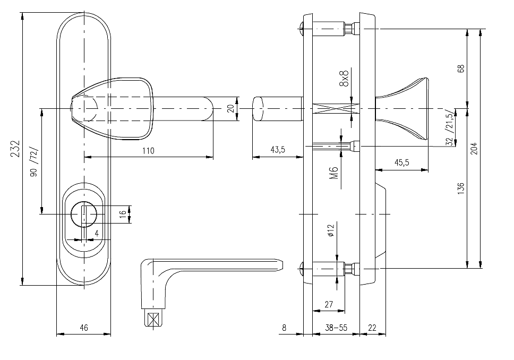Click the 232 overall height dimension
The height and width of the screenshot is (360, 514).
[15, 149]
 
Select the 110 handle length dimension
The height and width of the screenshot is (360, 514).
[148, 151]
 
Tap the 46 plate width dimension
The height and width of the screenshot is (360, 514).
[84, 328]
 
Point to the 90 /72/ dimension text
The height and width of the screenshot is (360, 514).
[35, 162]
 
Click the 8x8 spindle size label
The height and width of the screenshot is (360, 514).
[344, 79]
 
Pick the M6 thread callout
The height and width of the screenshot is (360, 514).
[333, 173]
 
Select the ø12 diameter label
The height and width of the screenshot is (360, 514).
[330, 230]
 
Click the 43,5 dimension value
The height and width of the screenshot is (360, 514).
[278, 150]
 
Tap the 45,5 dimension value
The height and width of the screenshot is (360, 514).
[401, 162]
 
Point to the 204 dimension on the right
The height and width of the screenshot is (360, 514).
[474, 149]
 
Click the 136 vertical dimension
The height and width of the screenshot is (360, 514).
[461, 188]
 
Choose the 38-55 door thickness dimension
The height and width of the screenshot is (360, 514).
[336, 328]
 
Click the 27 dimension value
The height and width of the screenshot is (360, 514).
[329, 305]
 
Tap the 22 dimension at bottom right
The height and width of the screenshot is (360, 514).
[372, 328]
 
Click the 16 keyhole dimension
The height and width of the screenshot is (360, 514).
[123, 213]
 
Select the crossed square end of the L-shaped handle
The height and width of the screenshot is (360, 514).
[153, 320]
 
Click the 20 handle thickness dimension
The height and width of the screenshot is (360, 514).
[231, 108]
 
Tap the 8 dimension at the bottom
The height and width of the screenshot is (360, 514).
[284, 328]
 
